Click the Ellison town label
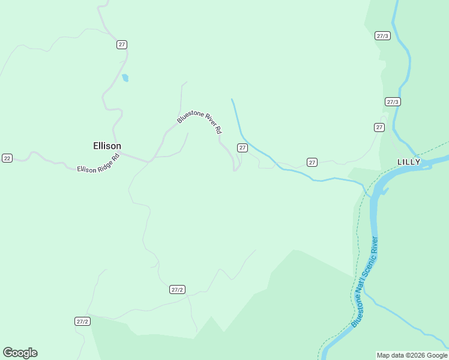pos(107,146)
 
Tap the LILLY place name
pos(409,162)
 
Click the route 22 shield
pos(7,158)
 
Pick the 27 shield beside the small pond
pos(122,45)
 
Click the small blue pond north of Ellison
pos(125,77)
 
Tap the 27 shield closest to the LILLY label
pos(379,127)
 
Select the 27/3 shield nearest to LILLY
pos(393,102)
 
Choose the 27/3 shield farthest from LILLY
pos(382,36)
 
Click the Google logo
pos(20,353)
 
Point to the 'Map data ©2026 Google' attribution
pos(412,355)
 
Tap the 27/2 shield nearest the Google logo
pos(82,322)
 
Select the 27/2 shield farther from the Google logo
pos(177,290)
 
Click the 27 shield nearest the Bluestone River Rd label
pos(243,148)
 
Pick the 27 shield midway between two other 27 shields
pos(312,162)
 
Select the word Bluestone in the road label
pos(188,114)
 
